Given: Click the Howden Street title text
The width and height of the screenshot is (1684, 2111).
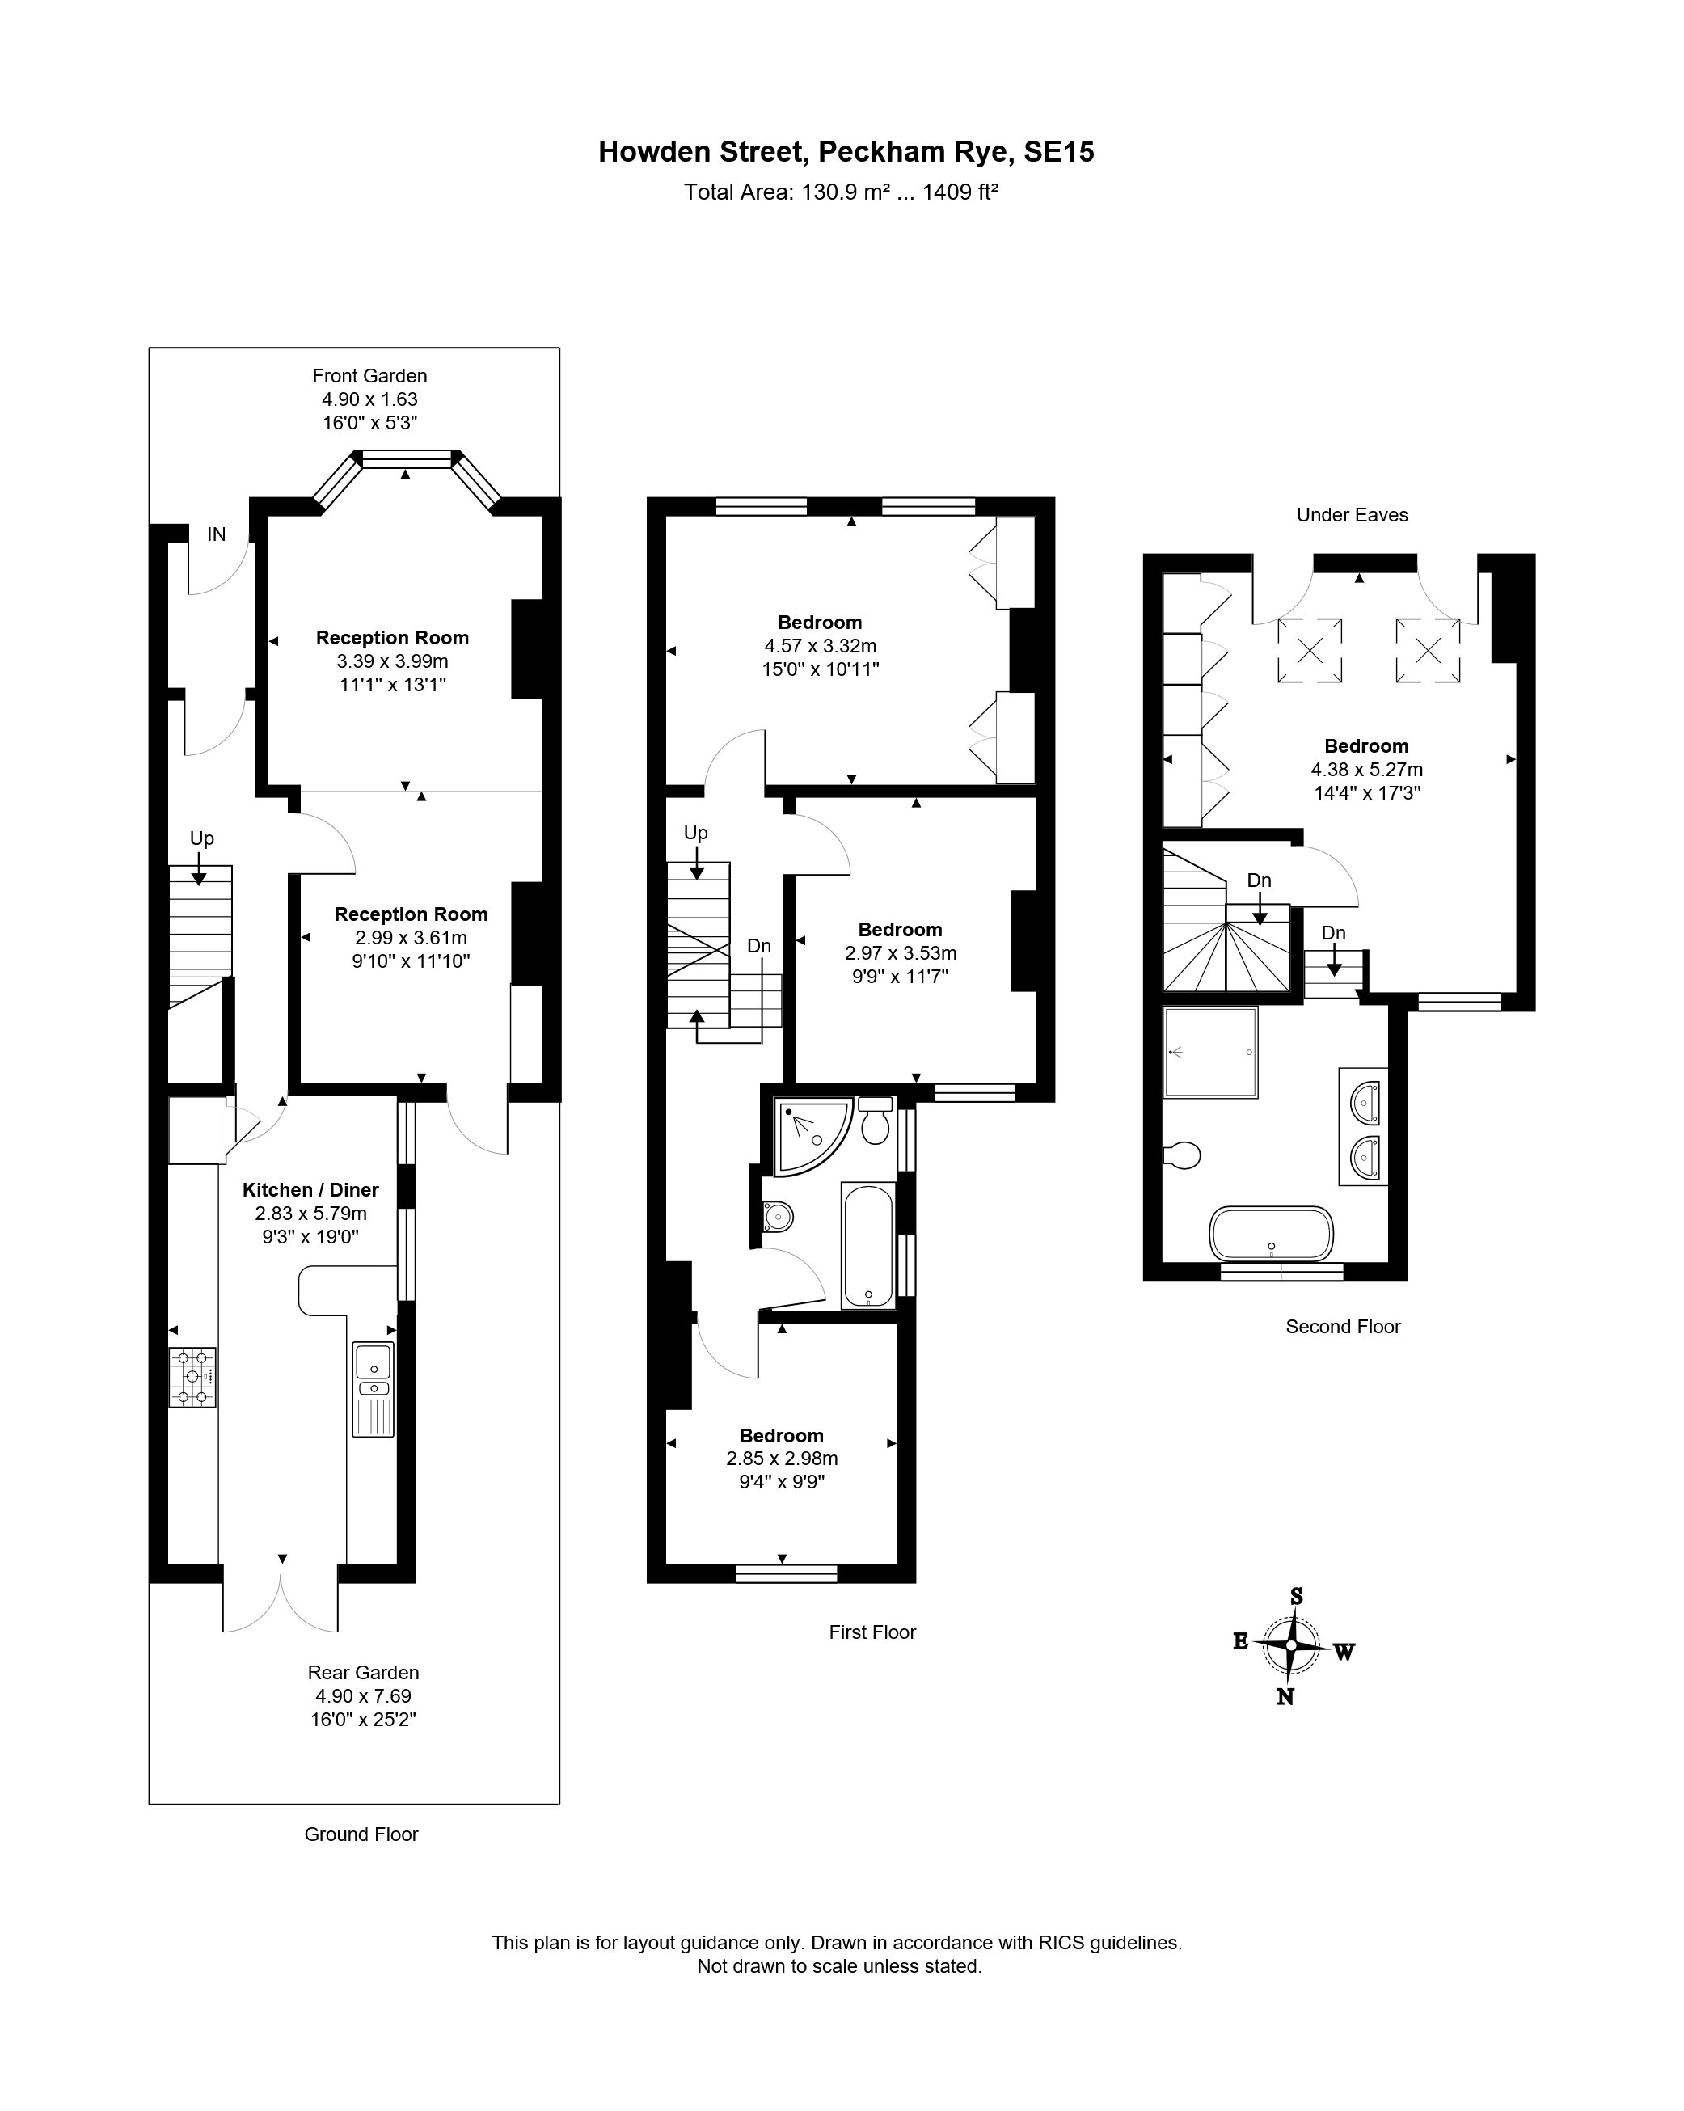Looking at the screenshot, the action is click(x=846, y=152).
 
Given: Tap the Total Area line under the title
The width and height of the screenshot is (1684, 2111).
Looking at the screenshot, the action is click(x=840, y=192).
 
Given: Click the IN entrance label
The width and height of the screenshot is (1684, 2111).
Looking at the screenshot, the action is click(x=217, y=534).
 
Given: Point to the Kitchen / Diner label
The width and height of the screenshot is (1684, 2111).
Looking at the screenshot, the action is click(x=310, y=1189).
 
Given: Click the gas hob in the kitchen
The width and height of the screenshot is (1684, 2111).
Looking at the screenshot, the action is click(x=193, y=1378).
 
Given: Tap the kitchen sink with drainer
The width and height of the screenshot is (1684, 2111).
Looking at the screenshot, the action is click(x=373, y=1389).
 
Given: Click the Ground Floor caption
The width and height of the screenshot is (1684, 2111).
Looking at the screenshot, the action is click(x=361, y=1834).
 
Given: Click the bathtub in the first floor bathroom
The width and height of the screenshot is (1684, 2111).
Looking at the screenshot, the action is click(x=868, y=1244).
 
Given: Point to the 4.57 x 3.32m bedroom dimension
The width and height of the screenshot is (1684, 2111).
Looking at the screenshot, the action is click(x=821, y=646).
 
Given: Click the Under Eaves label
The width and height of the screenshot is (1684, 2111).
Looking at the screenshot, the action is click(x=1352, y=515).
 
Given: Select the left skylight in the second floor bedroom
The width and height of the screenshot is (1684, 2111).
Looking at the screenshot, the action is click(x=1309, y=649).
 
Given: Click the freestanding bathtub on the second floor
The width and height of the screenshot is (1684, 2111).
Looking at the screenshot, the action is click(x=1272, y=1234).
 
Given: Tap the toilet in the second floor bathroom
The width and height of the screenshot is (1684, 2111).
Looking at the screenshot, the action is click(x=1182, y=1155).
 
